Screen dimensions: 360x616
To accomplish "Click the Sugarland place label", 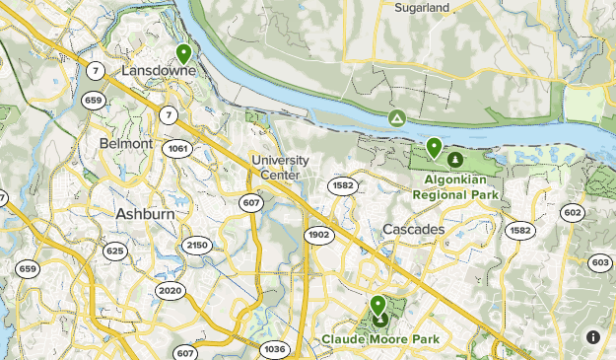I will [x=422, y=7].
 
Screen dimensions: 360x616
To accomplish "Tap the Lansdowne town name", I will [x=159, y=72].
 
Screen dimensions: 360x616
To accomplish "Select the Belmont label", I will [x=126, y=143].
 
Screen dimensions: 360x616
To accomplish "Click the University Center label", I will [x=280, y=167].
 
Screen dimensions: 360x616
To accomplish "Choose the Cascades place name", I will [x=413, y=229].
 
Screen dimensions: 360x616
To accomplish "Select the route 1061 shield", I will [x=178, y=149].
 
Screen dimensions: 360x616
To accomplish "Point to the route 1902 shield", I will [x=317, y=235].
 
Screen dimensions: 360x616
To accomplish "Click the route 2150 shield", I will [x=198, y=245].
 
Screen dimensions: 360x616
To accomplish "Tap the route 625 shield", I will [x=115, y=252].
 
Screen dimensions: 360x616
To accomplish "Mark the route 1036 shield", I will [x=275, y=348].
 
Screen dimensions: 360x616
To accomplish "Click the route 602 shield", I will [x=573, y=213].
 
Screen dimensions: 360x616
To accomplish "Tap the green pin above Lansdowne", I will [x=183, y=53].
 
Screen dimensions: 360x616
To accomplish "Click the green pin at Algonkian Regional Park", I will [x=434, y=147].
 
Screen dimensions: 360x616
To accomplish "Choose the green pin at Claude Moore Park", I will [x=377, y=305].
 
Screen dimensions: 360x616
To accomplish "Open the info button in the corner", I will [x=592, y=336].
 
